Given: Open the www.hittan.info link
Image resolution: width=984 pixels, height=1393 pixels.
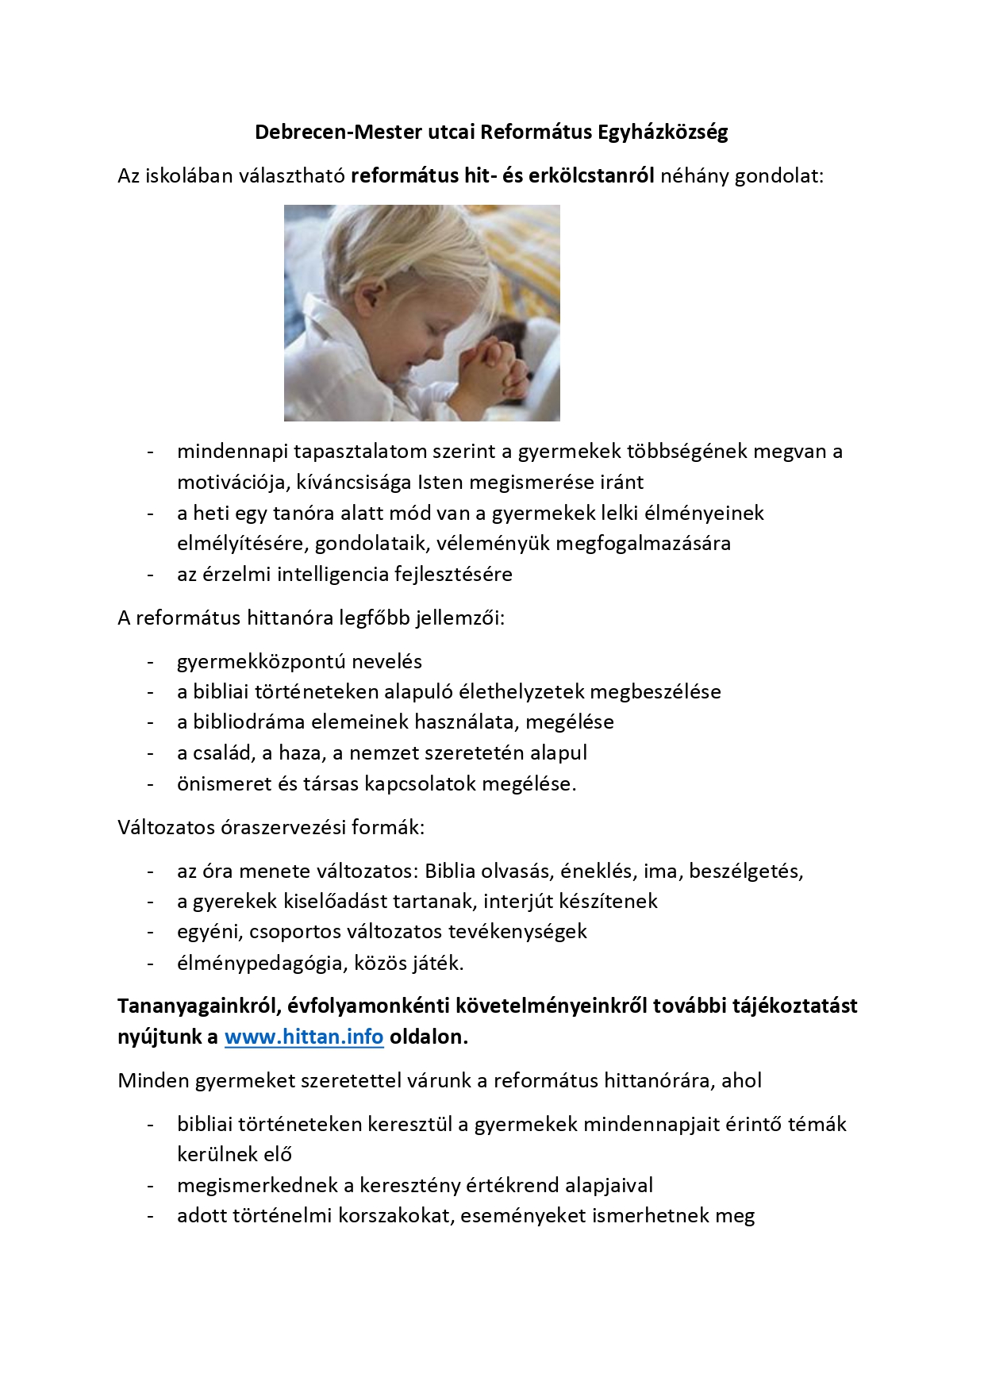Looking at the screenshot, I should point(304,1037).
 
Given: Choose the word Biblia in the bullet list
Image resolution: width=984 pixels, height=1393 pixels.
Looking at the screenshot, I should point(449,871).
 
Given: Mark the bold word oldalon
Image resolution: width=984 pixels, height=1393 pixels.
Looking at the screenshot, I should point(429,1037).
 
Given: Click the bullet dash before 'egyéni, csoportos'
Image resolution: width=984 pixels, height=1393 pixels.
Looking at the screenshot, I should point(151,932).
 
